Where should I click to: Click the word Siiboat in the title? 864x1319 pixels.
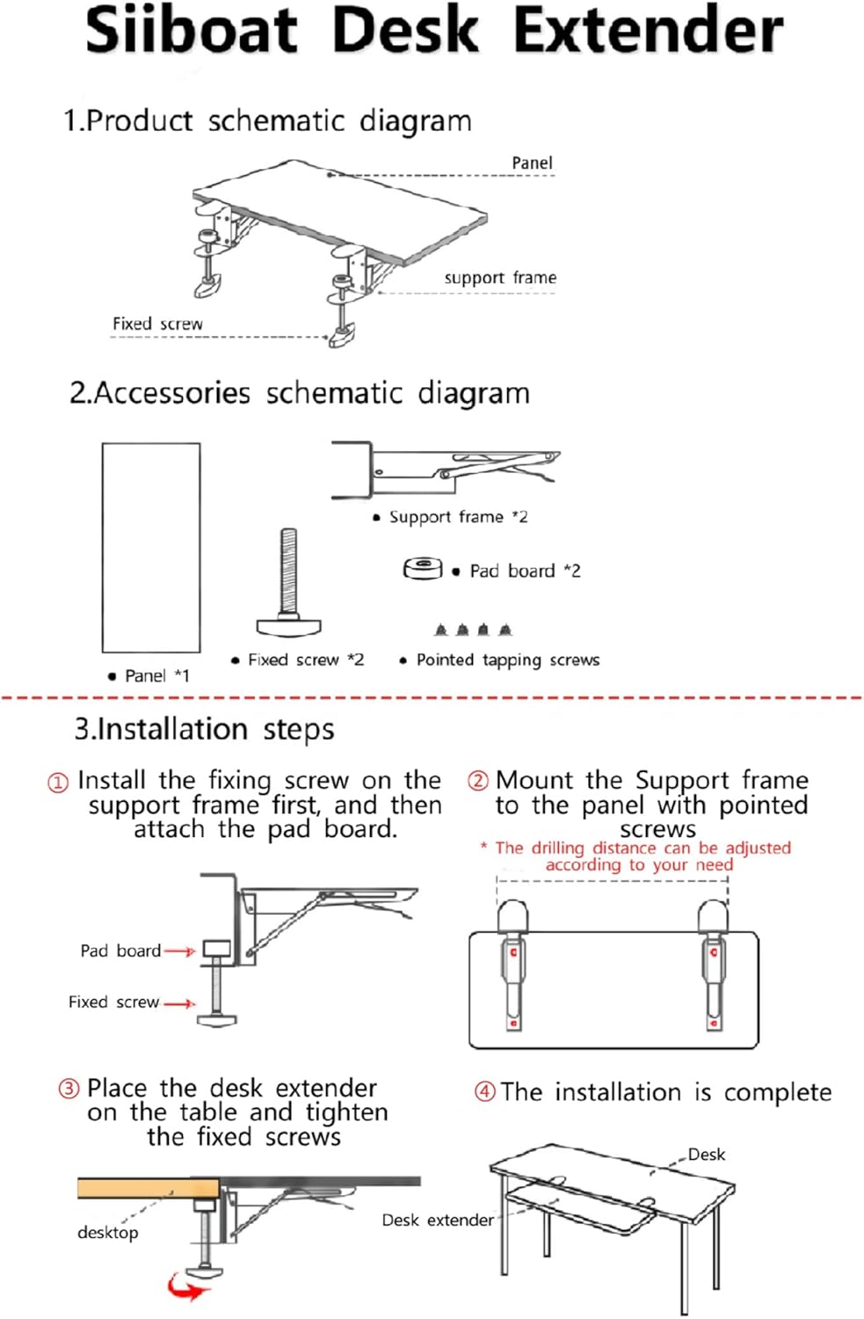pos(192,30)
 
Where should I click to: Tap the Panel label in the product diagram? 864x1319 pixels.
pos(532,163)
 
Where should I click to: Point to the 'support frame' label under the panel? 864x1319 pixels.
pos(499,278)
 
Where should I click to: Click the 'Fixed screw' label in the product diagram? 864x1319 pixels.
pos(157,324)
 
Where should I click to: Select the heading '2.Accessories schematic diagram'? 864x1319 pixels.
pos(300,393)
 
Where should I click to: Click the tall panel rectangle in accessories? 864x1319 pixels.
pos(151,547)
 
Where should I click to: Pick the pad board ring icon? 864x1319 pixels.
pos(423,569)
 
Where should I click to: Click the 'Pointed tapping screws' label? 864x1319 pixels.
pos(507,659)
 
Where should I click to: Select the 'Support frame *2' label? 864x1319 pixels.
pos(458,517)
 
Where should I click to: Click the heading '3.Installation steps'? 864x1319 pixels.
pos(204,729)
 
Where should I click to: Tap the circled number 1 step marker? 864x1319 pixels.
pos(58,782)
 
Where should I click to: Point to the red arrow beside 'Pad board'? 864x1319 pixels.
pos(180,951)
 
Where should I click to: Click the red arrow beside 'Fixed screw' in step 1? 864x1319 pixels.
pos(179,1003)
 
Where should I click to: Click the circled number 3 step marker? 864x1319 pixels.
pos(69,1089)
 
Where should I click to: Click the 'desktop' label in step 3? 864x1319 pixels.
pos(107,1232)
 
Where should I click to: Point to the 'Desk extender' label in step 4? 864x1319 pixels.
pos(437,1220)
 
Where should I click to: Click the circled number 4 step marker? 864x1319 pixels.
pos(484,1092)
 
